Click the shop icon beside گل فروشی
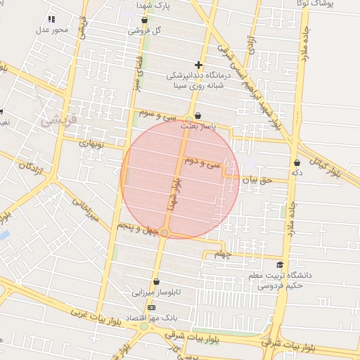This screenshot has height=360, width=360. point(144,20)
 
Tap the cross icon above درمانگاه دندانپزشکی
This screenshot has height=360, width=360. point(199,65)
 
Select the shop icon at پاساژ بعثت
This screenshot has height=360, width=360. point(197,116)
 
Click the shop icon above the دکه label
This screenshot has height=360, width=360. point(297,163)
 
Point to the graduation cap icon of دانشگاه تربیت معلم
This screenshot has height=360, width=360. point(280,265)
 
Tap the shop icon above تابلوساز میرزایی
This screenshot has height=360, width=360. point(156,281)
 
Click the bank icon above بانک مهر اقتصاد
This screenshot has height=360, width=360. point(151,308)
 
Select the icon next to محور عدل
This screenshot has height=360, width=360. point(51,20)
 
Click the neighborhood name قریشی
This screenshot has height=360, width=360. point(56,120)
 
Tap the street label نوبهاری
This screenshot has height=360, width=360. point(92,143)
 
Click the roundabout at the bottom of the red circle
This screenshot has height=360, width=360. point(165,233)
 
